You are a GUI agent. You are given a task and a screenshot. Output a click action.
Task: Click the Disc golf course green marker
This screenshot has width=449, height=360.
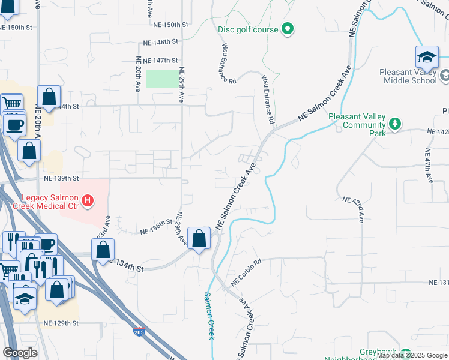coord(287,29)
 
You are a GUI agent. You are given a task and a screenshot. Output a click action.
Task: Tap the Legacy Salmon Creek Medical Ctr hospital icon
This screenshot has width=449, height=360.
coord(88,200)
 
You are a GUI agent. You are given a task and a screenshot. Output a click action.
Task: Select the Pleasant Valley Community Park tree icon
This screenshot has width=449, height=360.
coord(394,124)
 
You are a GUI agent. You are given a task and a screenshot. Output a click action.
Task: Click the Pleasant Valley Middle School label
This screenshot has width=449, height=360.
coord(408,76)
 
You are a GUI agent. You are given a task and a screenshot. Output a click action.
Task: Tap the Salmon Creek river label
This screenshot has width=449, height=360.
coord(209,314)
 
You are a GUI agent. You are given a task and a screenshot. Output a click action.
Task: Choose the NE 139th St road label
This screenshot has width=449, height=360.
coord(61,178)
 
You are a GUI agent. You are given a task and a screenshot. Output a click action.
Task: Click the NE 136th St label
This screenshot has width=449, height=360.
coord(156,227)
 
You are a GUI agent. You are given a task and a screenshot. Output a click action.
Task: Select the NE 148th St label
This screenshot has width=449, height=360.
coord(161,42)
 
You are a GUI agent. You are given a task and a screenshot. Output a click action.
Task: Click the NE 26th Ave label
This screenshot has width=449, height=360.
coord(138,73)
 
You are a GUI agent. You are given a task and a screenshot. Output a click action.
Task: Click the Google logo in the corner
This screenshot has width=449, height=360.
coord(20,353)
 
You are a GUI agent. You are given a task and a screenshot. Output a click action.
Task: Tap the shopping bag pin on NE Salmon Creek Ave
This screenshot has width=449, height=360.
coord(199,238)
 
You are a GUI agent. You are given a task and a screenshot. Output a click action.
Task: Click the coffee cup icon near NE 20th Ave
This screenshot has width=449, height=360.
coord(14,125)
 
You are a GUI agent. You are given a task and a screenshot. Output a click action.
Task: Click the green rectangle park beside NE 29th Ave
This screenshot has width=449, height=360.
coord(162,79)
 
